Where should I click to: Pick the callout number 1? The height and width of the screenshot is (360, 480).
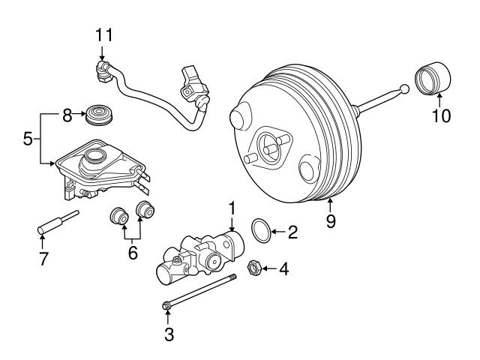pos(232,207)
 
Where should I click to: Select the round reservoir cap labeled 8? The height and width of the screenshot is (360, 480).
pos(95,115)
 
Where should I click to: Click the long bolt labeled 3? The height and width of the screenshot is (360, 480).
pos(199,291)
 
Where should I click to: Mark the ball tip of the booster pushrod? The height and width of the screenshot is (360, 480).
pos(405,91)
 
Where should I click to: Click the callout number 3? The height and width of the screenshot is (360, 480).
pos(169,334)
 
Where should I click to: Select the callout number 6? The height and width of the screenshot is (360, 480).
pos(132,253)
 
